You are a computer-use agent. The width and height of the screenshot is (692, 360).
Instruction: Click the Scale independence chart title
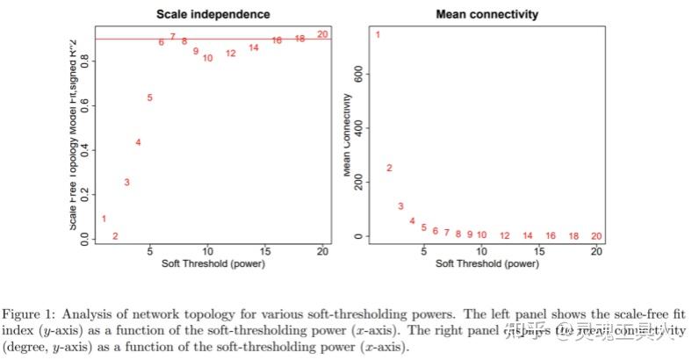coord(213,14)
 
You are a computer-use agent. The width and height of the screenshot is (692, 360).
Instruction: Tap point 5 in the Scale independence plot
coord(150,97)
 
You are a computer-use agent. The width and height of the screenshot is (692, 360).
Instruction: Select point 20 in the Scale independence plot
coord(322,34)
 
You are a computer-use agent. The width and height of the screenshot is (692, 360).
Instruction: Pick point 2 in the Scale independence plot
coord(115,236)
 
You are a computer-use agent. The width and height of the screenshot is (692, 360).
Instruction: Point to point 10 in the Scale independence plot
coord(207,58)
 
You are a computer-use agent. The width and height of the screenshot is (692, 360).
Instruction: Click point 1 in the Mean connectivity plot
coord(378,34)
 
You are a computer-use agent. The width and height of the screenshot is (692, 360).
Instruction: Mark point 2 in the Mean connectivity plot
coord(389,168)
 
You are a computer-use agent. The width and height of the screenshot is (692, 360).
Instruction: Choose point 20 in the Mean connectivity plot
coord(596,236)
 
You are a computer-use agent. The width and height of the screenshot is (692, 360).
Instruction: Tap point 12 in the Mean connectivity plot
coord(504,236)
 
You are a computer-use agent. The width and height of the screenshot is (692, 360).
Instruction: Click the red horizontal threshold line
coord(263,39)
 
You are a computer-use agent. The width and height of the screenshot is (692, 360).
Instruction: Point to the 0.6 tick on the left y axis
coord(83,105)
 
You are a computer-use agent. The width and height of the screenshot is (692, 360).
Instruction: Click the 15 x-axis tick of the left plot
coord(265,252)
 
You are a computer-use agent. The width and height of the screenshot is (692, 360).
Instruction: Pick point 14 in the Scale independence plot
coord(254,47)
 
